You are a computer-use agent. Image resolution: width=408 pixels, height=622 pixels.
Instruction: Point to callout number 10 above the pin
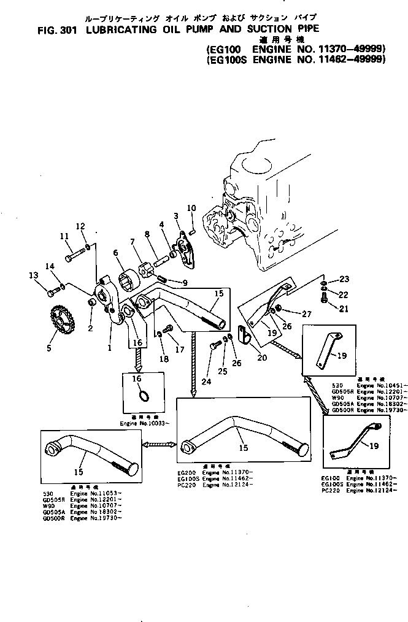(191, 208)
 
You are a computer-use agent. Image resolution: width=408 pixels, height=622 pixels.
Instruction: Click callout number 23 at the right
(344, 279)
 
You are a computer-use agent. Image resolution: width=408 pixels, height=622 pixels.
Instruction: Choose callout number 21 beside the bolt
(344, 309)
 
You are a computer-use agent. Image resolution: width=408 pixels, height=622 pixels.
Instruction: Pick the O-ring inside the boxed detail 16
(142, 395)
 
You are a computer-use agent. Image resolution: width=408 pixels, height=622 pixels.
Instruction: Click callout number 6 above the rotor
(115, 253)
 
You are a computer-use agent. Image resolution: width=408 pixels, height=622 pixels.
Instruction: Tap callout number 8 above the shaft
(147, 234)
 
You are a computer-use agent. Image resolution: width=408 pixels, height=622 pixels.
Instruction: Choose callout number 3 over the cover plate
(176, 215)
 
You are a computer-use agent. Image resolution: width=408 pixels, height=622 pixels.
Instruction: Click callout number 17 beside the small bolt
(180, 350)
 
